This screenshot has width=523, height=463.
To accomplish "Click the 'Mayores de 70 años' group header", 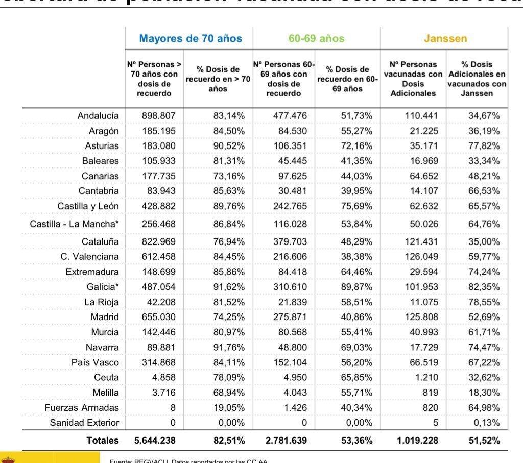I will (x=191, y=39).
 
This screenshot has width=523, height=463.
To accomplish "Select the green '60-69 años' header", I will (x=316, y=39).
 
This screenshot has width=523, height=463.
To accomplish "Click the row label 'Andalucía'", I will (x=98, y=116).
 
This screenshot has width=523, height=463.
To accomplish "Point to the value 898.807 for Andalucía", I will (x=158, y=116).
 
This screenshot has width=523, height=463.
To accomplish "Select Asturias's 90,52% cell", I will (x=229, y=146).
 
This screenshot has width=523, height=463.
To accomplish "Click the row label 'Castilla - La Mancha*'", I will (x=74, y=224).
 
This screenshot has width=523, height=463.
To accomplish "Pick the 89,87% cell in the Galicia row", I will (x=356, y=287).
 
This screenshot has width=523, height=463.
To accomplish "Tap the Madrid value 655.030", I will (x=158, y=317).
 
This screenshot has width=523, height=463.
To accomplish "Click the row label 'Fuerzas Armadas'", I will (x=82, y=407).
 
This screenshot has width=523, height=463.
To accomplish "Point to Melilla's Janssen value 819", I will (x=428, y=393).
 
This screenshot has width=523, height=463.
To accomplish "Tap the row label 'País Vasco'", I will (x=95, y=362).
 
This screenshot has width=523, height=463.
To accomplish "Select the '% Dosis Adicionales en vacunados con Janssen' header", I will (x=477, y=79).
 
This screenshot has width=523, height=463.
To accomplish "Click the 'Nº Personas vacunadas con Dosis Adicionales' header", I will (x=413, y=79).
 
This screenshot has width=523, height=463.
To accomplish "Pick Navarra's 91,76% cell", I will (x=229, y=347).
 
